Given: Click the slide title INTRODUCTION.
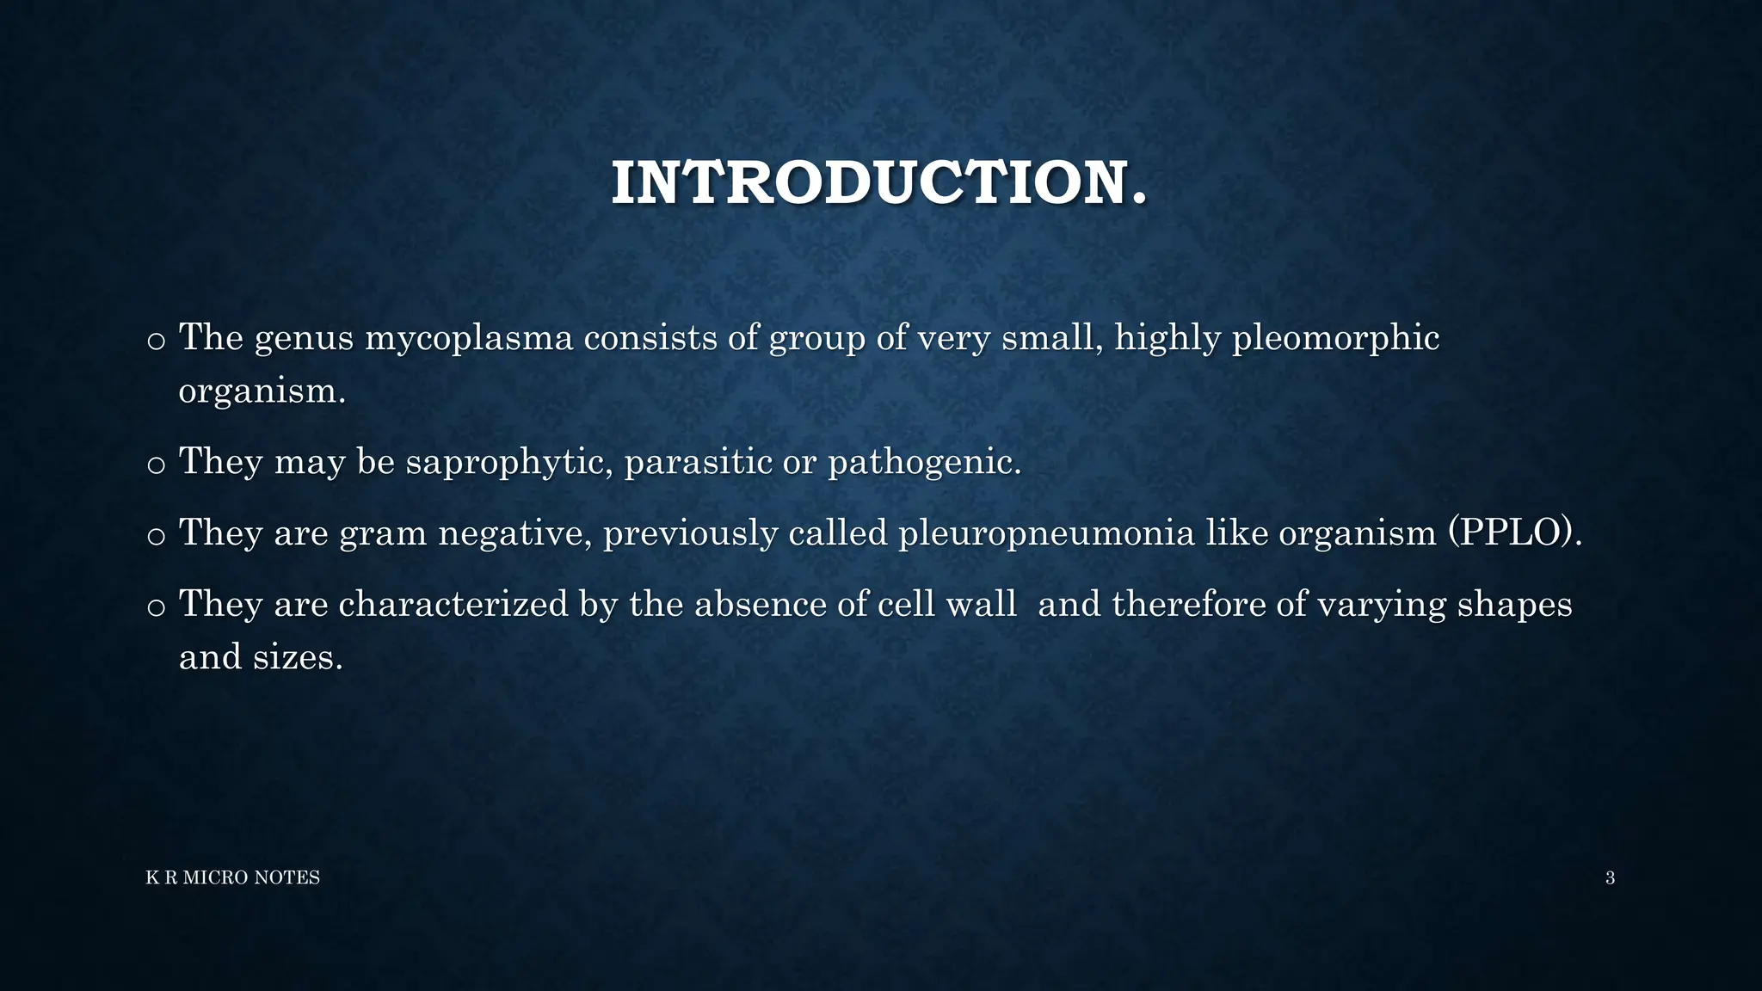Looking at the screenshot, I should pos(879,183).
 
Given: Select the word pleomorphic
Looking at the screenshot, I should pos(1336,338).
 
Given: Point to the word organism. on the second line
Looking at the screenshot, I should pos(262,391).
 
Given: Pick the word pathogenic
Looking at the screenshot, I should pos(925,462).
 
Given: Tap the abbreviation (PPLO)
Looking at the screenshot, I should pos(1515,533).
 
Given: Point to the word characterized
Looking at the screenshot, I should pos(453,604).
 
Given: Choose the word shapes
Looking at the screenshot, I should pos(1514,604).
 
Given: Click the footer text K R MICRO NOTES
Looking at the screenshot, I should pos(233,877).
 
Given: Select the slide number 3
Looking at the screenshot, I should pos(1610,877).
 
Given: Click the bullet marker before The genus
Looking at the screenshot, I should pos(156,342).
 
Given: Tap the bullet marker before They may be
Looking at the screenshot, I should pos(156,465).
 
